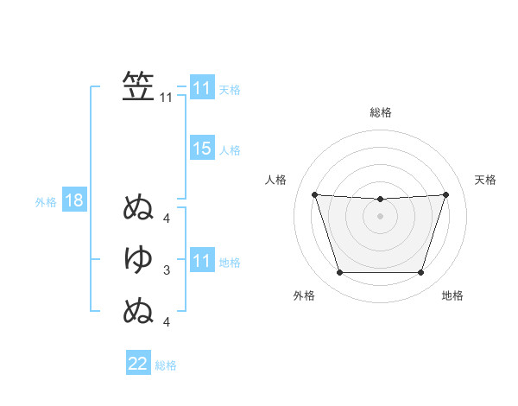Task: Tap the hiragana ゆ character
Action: click(x=138, y=258)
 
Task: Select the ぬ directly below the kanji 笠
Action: click(x=138, y=207)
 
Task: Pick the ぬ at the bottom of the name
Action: click(x=138, y=309)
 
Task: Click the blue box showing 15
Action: click(x=201, y=149)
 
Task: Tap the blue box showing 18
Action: click(x=73, y=201)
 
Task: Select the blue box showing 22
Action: click(x=138, y=364)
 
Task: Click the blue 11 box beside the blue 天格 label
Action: click(x=201, y=88)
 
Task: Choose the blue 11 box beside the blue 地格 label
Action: click(x=201, y=261)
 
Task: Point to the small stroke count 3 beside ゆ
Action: click(x=167, y=270)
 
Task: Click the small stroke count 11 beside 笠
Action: click(x=166, y=98)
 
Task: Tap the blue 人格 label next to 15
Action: click(x=230, y=150)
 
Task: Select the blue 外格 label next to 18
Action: click(x=46, y=202)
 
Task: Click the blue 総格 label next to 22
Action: click(x=166, y=365)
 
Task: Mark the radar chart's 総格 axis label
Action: click(x=380, y=112)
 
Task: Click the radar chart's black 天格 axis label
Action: click(x=486, y=180)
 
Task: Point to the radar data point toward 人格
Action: click(x=314, y=194)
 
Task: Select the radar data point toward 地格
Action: click(x=420, y=273)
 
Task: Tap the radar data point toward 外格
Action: click(x=339, y=273)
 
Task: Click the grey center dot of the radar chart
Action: click(x=380, y=216)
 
